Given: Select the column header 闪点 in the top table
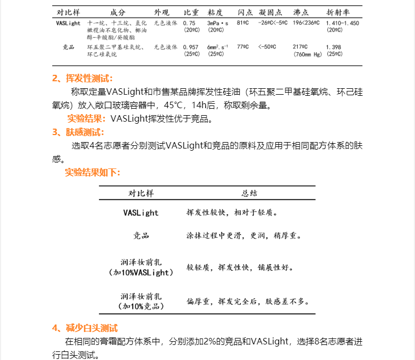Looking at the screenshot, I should pyautogui.click(x=244, y=12).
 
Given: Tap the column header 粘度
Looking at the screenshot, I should pyautogui.click(x=215, y=12).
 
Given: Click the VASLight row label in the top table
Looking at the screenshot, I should pyautogui.click(x=68, y=24).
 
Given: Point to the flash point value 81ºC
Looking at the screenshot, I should pyautogui.click(x=243, y=24).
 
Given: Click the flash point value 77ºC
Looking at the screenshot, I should pyautogui.click(x=243, y=47).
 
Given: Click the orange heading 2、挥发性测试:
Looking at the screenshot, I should pyautogui.click(x=82, y=79).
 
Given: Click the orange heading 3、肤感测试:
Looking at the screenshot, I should pyautogui.click(x=78, y=132).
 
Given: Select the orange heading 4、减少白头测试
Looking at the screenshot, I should pyautogui.click(x=84, y=328).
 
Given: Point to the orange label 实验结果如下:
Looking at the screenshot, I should pyautogui.click(x=92, y=172).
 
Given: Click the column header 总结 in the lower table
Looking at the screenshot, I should pyautogui.click(x=249, y=193).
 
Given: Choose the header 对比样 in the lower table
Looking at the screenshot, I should pyautogui.click(x=141, y=193).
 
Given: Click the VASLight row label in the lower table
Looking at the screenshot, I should pyautogui.click(x=141, y=213).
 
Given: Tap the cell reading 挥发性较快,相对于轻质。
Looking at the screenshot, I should pyautogui.click(x=232, y=213).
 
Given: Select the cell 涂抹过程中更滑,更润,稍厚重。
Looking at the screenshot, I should pyautogui.click(x=244, y=236).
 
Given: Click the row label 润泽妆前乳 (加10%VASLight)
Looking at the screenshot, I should pyautogui.click(x=141, y=267).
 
